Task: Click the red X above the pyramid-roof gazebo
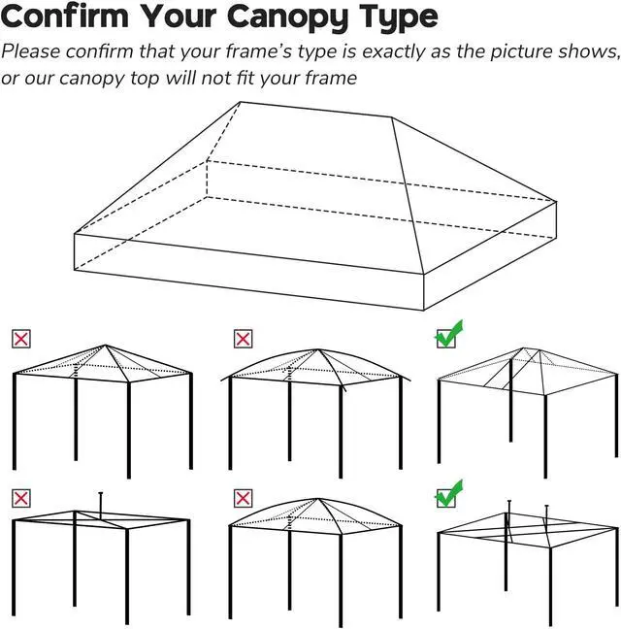(x=20, y=339)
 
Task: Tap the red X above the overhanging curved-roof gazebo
(x=243, y=339)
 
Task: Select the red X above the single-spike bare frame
(x=20, y=498)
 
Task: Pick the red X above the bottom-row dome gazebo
(x=243, y=498)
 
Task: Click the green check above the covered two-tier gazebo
(x=448, y=336)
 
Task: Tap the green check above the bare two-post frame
(x=448, y=495)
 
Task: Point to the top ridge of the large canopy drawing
(x=315, y=109)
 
